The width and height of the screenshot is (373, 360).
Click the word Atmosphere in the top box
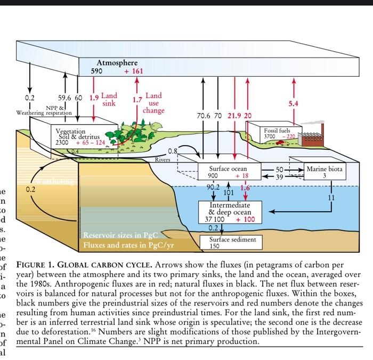[117, 63]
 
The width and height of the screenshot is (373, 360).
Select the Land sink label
[109, 99]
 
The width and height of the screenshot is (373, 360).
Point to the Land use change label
[153, 103]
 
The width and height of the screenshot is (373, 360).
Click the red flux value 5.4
[293, 103]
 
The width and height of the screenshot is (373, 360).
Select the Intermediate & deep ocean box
[230, 212]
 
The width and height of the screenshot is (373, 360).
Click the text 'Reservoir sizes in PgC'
[117, 235]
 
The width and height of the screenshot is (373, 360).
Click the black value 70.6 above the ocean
[204, 116]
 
